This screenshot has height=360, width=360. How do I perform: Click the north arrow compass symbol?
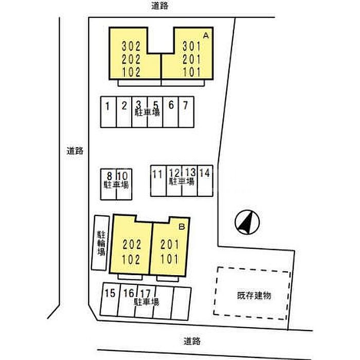click(247, 222)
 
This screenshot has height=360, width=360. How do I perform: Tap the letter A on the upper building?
click(206, 35)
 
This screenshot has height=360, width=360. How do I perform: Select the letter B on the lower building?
click(182, 227)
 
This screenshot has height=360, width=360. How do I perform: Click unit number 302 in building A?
click(131, 46)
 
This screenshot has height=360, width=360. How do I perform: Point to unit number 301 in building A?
click(192, 46)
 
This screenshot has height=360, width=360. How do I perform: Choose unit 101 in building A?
click(192, 72)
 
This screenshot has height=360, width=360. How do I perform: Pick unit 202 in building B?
click(131, 244)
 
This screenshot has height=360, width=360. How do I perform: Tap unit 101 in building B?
click(169, 259)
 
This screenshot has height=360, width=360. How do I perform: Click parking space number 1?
click(107, 106)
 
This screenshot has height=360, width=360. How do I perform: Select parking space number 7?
click(186, 105)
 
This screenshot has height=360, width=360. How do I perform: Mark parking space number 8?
click(110, 176)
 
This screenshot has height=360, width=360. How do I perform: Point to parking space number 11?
click(157, 174)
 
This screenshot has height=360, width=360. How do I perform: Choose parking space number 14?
click(205, 173)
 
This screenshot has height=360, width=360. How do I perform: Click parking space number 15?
click(110, 293)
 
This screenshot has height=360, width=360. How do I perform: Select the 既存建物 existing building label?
click(254, 296)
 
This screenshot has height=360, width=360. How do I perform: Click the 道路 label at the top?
click(160, 6)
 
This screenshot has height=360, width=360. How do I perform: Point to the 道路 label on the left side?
click(75, 151)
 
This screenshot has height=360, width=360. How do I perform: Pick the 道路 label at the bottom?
click(192, 341)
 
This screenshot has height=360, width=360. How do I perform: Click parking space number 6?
click(171, 105)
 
